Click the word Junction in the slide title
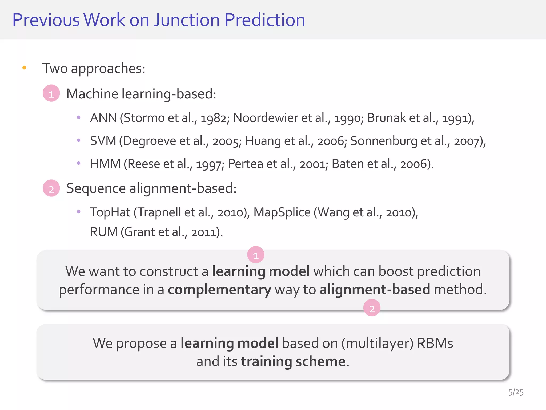[186, 20]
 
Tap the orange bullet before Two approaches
[24, 68]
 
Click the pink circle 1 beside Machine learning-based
[51, 93]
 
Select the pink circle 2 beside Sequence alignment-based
[51, 188]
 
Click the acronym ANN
[103, 118]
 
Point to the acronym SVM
[103, 141]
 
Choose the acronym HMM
[105, 164]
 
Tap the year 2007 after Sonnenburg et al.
[467, 141]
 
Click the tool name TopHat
[110, 212]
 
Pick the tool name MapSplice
[282, 212]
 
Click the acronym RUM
[103, 232]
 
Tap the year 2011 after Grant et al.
[203, 232]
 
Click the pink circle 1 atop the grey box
[256, 255]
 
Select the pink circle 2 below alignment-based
[372, 308]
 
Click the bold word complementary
[219, 290]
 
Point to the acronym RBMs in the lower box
[435, 343]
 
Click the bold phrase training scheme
[293, 362]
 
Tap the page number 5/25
[516, 392]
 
